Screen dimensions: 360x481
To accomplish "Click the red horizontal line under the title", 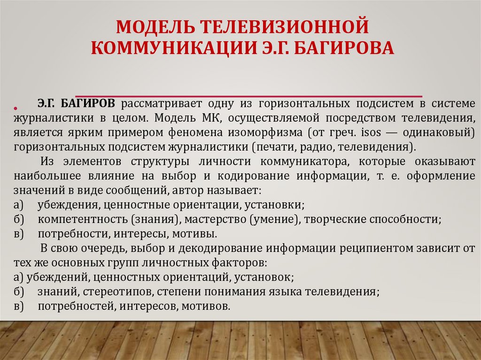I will [248, 95].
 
